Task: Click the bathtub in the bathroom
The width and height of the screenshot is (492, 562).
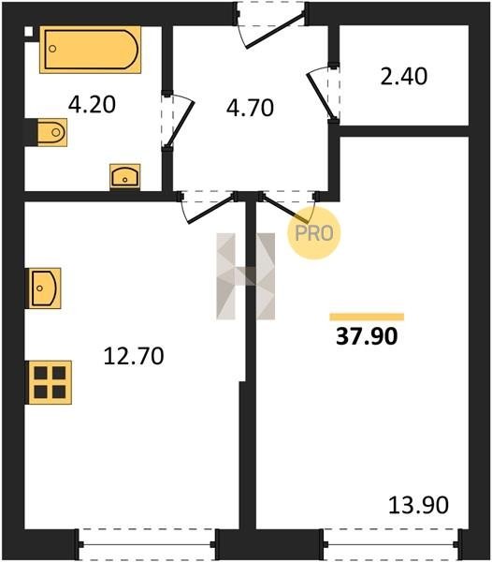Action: [x=90, y=50]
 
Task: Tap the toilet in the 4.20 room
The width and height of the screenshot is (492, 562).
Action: [x=51, y=132]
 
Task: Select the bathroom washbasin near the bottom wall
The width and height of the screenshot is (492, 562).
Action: [x=125, y=176]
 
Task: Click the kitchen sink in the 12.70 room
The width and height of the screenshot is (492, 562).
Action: [x=45, y=288]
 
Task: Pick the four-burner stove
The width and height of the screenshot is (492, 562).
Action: [x=50, y=382]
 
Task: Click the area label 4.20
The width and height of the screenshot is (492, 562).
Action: [x=92, y=105]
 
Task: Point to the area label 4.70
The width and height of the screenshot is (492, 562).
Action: [x=250, y=108]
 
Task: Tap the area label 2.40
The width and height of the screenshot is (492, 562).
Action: [x=404, y=77]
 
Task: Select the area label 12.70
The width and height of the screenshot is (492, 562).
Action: [x=134, y=356]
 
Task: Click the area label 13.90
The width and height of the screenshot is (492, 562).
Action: [x=418, y=505]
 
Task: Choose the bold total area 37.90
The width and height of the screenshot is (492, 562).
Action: [x=367, y=336]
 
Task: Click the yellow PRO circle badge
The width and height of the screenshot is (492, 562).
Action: [x=314, y=233]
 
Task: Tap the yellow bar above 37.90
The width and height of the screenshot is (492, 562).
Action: [x=367, y=317]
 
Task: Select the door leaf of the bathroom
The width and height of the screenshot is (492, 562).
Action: [x=181, y=124]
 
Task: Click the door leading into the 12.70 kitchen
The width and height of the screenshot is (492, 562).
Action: [x=211, y=209]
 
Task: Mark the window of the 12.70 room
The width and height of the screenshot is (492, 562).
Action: [x=147, y=544]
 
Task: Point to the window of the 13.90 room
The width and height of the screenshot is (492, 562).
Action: [x=391, y=544]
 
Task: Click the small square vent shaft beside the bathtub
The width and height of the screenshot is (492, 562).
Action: [x=28, y=32]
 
